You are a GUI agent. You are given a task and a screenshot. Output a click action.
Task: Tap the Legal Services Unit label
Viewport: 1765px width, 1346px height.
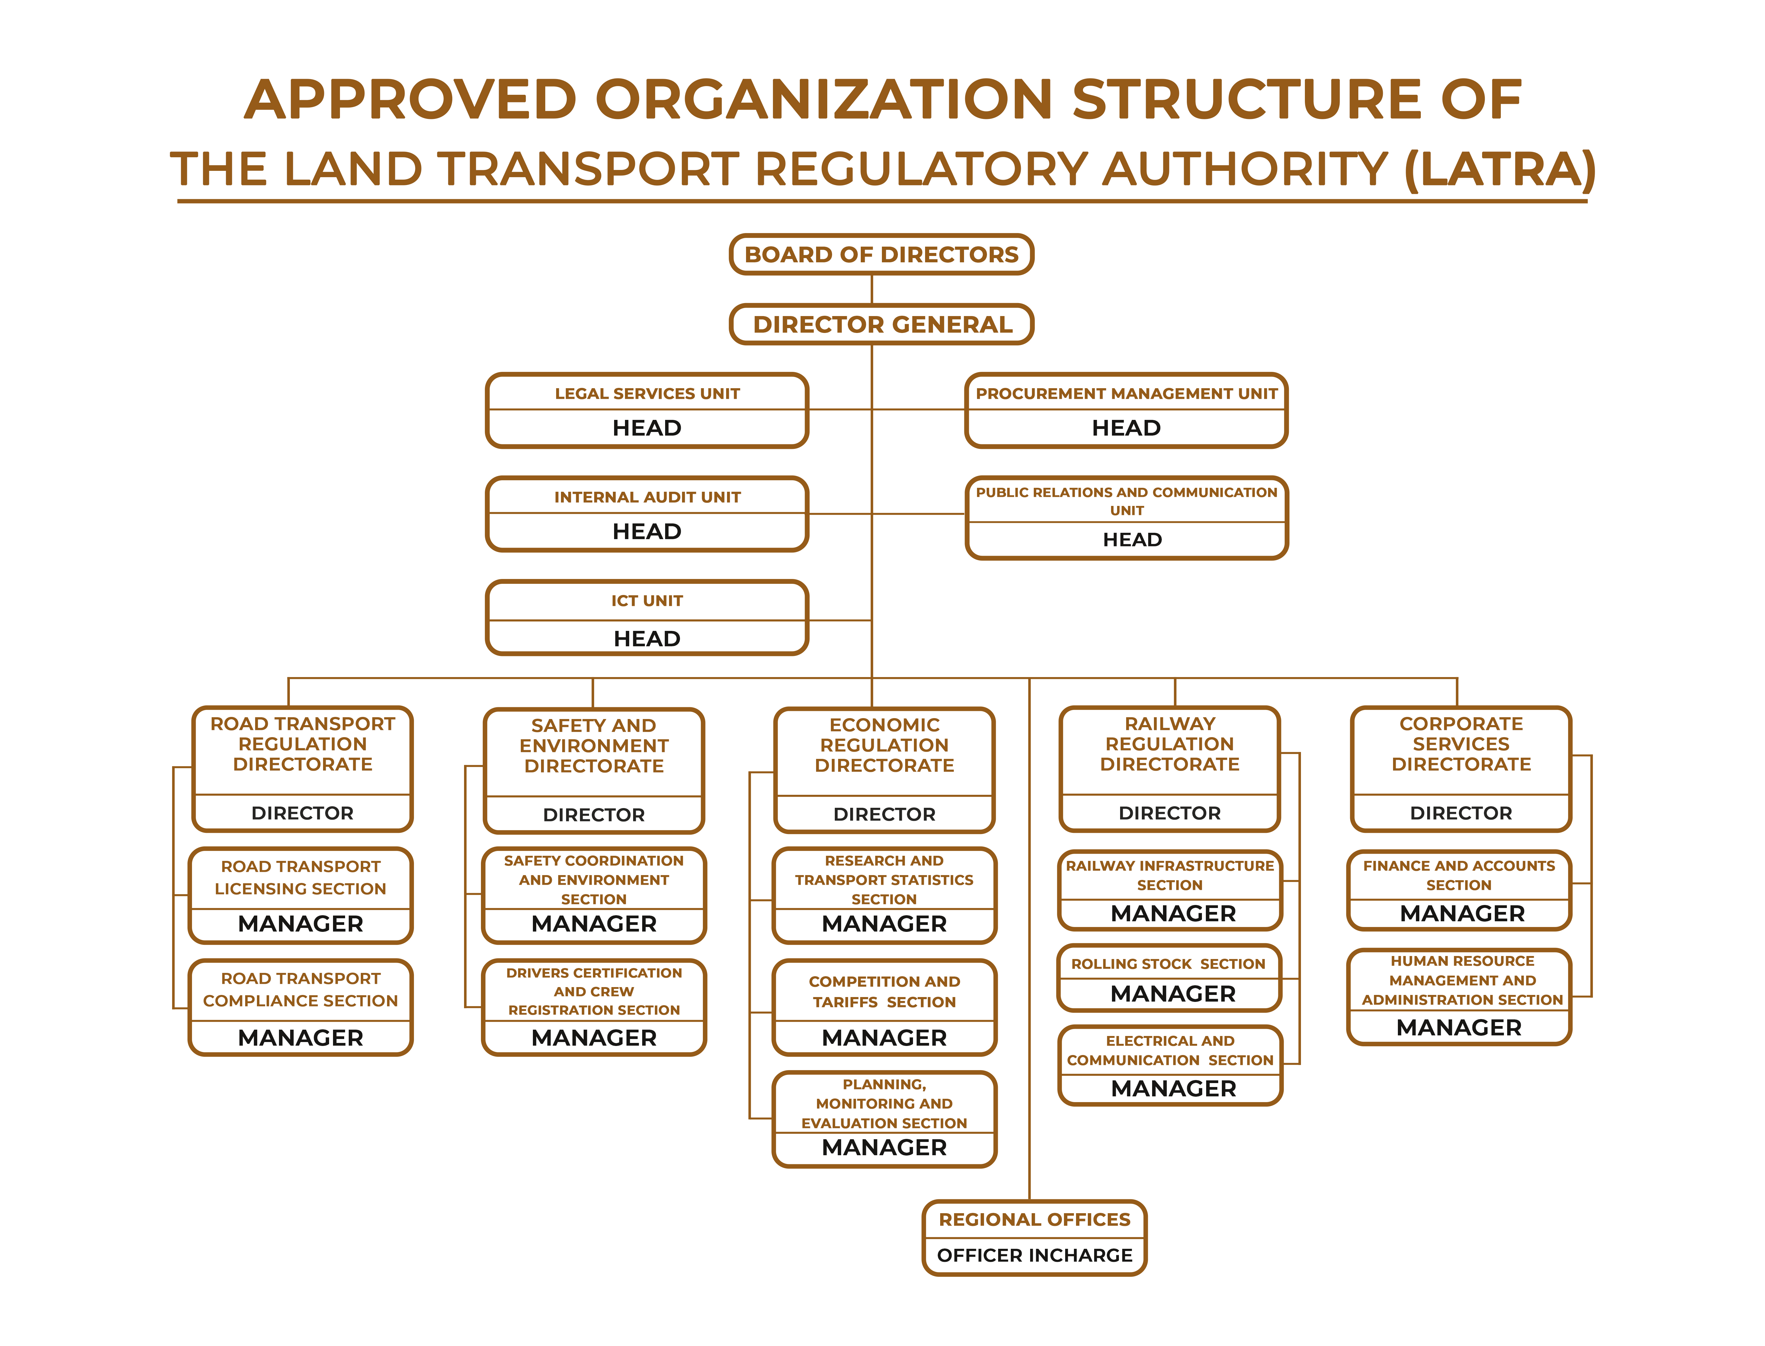click(647, 393)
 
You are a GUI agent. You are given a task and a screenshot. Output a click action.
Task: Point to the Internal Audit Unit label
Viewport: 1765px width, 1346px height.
click(647, 497)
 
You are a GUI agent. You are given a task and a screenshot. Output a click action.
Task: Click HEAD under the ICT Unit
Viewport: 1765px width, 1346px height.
click(647, 638)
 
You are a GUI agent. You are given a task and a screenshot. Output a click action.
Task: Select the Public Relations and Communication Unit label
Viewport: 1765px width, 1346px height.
click(1126, 501)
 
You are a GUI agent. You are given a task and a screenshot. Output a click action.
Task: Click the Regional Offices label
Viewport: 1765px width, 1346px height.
click(1034, 1220)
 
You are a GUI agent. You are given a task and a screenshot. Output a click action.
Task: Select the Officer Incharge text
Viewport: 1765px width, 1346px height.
click(1034, 1255)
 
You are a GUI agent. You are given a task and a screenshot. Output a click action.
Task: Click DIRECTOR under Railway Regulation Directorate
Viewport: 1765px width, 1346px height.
click(1170, 813)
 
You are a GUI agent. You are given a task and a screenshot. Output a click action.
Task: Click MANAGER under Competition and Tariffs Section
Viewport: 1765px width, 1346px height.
click(885, 1037)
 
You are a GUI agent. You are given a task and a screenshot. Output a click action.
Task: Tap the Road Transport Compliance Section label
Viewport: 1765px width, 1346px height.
click(300, 990)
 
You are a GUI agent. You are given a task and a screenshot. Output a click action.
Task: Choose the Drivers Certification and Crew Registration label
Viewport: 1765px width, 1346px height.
click(594, 991)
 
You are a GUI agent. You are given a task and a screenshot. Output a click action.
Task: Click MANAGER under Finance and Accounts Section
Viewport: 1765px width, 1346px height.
click(1462, 913)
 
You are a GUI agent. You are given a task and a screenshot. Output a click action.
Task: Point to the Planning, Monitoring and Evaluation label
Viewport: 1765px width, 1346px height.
click(885, 1103)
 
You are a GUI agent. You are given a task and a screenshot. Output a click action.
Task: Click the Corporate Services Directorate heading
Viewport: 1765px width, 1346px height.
click(1461, 743)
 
